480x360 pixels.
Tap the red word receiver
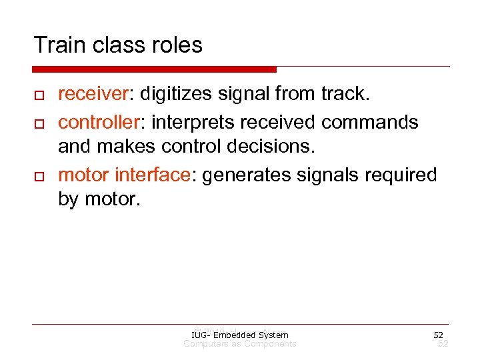(x=94, y=95)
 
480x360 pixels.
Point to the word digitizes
(x=173, y=95)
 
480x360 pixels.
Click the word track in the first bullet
(x=343, y=95)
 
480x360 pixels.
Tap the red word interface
(x=153, y=175)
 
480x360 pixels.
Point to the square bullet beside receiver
(x=38, y=96)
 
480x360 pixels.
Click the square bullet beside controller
(x=38, y=123)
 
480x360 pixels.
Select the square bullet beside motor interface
(x=38, y=177)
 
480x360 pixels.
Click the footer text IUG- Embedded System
(x=239, y=335)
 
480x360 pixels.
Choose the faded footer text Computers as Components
(x=240, y=344)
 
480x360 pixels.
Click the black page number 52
(x=438, y=335)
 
